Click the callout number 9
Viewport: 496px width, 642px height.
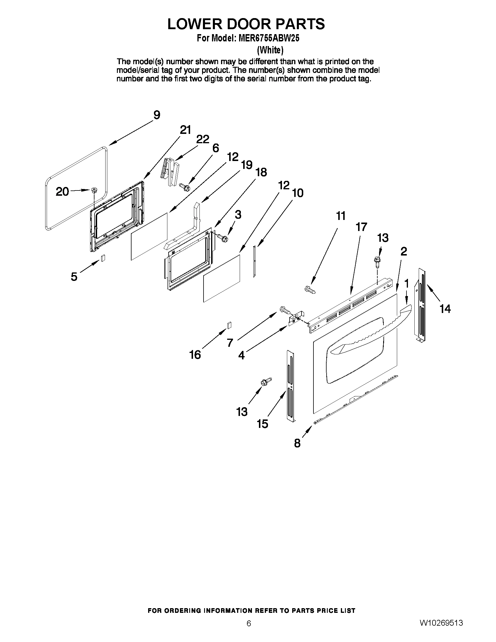[157, 115]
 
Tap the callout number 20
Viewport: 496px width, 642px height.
[62, 192]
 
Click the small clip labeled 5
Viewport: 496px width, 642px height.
[103, 258]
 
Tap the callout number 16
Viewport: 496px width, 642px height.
[195, 355]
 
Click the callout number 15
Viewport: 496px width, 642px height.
[262, 424]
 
